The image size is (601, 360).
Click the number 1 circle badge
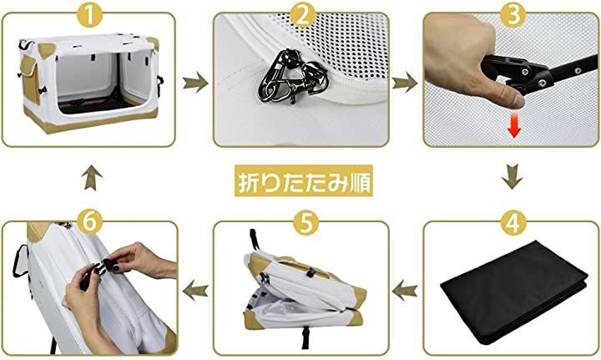(x=89, y=15)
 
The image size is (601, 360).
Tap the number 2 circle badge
(x=302, y=15)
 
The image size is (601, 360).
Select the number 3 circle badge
(x=513, y=15)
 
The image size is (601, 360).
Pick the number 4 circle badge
(x=513, y=222)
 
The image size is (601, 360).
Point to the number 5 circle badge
(x=306, y=222)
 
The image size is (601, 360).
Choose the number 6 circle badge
(x=89, y=222)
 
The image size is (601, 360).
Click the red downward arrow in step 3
(x=513, y=126)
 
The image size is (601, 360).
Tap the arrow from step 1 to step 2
(x=195, y=82)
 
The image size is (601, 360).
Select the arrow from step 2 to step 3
(x=405, y=82)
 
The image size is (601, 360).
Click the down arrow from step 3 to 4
(x=512, y=177)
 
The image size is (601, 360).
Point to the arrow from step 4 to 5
(x=405, y=290)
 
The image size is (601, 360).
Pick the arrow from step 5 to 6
(x=195, y=290)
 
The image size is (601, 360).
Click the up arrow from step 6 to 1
(x=92, y=178)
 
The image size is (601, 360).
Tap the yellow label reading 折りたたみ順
(x=304, y=180)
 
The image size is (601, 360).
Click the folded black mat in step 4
(x=514, y=291)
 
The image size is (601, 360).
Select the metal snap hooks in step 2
(x=291, y=77)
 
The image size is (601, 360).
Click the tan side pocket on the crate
(x=29, y=78)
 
